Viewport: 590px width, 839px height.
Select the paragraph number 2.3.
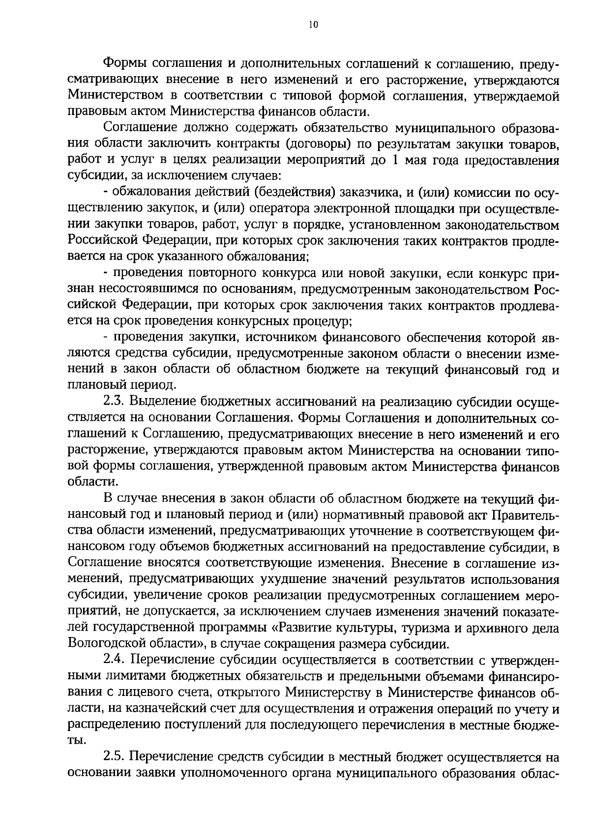tap(116, 402)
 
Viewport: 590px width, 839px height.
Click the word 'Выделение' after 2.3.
tap(162, 402)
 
